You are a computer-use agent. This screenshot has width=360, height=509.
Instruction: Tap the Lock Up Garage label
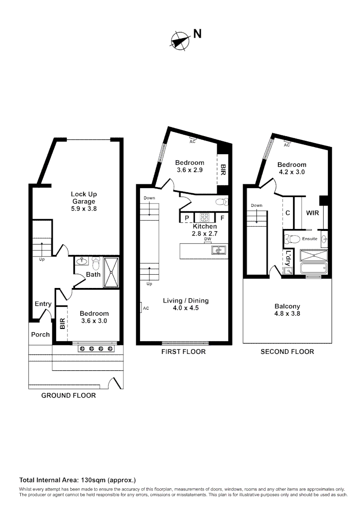tap(84, 201)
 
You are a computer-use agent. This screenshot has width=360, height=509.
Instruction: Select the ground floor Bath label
tap(93, 274)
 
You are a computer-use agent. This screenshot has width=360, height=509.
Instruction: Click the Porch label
tap(41, 335)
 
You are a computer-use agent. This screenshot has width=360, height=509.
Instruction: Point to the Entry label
tap(43, 304)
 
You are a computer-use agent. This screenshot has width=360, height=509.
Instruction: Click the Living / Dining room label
tap(186, 304)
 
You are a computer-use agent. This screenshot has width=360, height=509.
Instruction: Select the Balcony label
tap(287, 310)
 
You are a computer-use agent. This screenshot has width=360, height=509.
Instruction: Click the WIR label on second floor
tap(312, 213)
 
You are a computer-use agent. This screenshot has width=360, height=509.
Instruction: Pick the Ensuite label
tap(310, 239)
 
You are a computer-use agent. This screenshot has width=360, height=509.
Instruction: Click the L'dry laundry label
tap(288, 258)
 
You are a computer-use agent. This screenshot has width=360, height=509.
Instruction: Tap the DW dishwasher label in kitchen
tap(207, 239)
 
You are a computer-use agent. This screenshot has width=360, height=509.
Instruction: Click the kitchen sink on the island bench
tap(218, 250)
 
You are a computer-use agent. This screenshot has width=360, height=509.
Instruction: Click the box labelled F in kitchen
tap(222, 218)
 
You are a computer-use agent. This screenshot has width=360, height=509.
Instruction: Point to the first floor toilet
tap(221, 202)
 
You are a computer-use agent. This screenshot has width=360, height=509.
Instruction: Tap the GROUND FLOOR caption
tap(68, 395)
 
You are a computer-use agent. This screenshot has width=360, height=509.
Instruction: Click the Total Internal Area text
tap(77, 480)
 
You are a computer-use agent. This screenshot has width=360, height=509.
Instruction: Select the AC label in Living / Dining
tap(146, 308)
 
